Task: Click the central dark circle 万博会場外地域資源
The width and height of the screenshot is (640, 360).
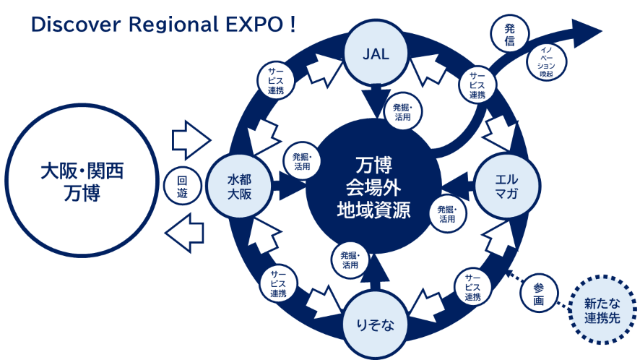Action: point(373,187)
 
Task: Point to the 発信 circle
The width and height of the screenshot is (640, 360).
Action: point(510,33)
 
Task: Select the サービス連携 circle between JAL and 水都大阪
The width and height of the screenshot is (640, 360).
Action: point(275,80)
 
